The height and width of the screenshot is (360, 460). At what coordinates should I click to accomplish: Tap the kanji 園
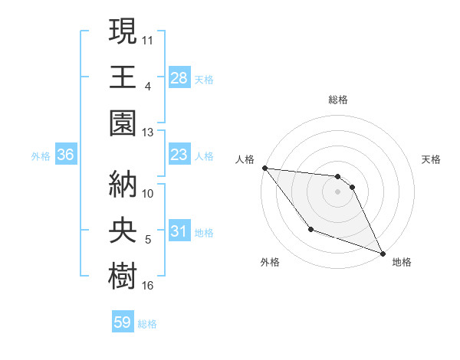click(x=123, y=123)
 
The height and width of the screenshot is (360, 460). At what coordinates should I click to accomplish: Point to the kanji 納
click(x=123, y=184)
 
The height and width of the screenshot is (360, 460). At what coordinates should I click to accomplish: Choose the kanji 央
click(x=123, y=231)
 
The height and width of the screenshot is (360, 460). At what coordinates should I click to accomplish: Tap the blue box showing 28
click(x=179, y=77)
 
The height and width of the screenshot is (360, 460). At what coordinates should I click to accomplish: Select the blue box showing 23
click(x=179, y=155)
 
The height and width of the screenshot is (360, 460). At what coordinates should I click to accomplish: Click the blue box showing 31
click(x=179, y=231)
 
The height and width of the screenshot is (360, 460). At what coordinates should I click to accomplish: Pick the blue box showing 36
click(x=66, y=155)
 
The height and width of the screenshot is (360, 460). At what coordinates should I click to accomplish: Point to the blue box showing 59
click(x=123, y=322)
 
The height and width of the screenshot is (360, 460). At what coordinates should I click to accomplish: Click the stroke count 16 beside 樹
click(x=148, y=286)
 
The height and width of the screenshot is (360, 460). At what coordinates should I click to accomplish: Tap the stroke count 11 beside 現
click(x=148, y=39)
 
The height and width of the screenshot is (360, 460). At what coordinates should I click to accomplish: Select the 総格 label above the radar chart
click(x=338, y=100)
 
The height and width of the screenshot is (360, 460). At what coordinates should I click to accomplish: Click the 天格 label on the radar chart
click(x=432, y=159)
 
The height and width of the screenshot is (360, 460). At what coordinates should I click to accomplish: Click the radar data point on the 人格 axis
click(x=264, y=168)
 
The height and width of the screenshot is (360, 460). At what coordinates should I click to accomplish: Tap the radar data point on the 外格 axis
click(x=310, y=229)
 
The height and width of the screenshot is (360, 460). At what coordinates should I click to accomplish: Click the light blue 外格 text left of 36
click(x=41, y=155)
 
